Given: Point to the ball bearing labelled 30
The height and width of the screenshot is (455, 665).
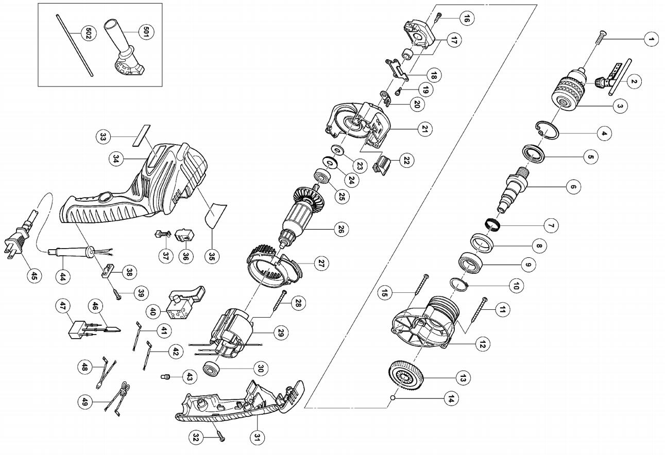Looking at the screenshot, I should (x=212, y=371).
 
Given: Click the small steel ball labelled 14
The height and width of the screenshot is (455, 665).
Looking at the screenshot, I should (x=393, y=397).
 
